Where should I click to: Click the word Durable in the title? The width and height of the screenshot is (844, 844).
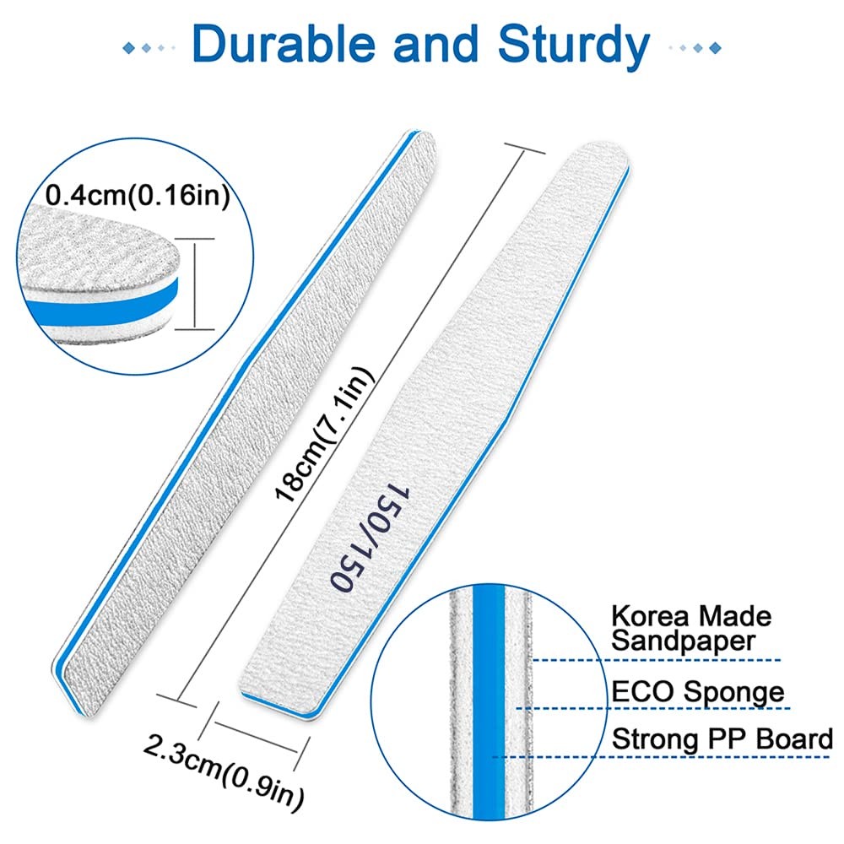tap(283, 44)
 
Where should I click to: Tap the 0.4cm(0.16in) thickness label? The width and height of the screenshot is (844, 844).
tap(138, 196)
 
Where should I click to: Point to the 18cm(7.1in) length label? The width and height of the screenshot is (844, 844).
tap(323, 434)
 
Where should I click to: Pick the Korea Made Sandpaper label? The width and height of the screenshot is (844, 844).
tap(690, 629)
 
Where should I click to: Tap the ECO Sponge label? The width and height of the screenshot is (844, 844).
tap(698, 692)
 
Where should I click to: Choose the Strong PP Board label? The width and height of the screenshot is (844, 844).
tap(722, 739)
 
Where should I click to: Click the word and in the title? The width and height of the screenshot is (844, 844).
tap(436, 44)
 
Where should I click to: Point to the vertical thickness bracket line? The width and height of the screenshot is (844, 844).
tap(195, 284)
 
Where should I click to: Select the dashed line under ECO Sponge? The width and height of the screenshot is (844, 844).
tap(653, 708)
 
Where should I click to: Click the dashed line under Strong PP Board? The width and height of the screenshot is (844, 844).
tap(661, 757)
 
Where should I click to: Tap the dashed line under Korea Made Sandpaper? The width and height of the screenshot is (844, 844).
tap(656, 660)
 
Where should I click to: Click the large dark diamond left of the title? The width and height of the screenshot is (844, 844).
tap(128, 48)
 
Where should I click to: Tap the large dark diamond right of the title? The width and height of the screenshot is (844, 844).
tap(715, 48)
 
